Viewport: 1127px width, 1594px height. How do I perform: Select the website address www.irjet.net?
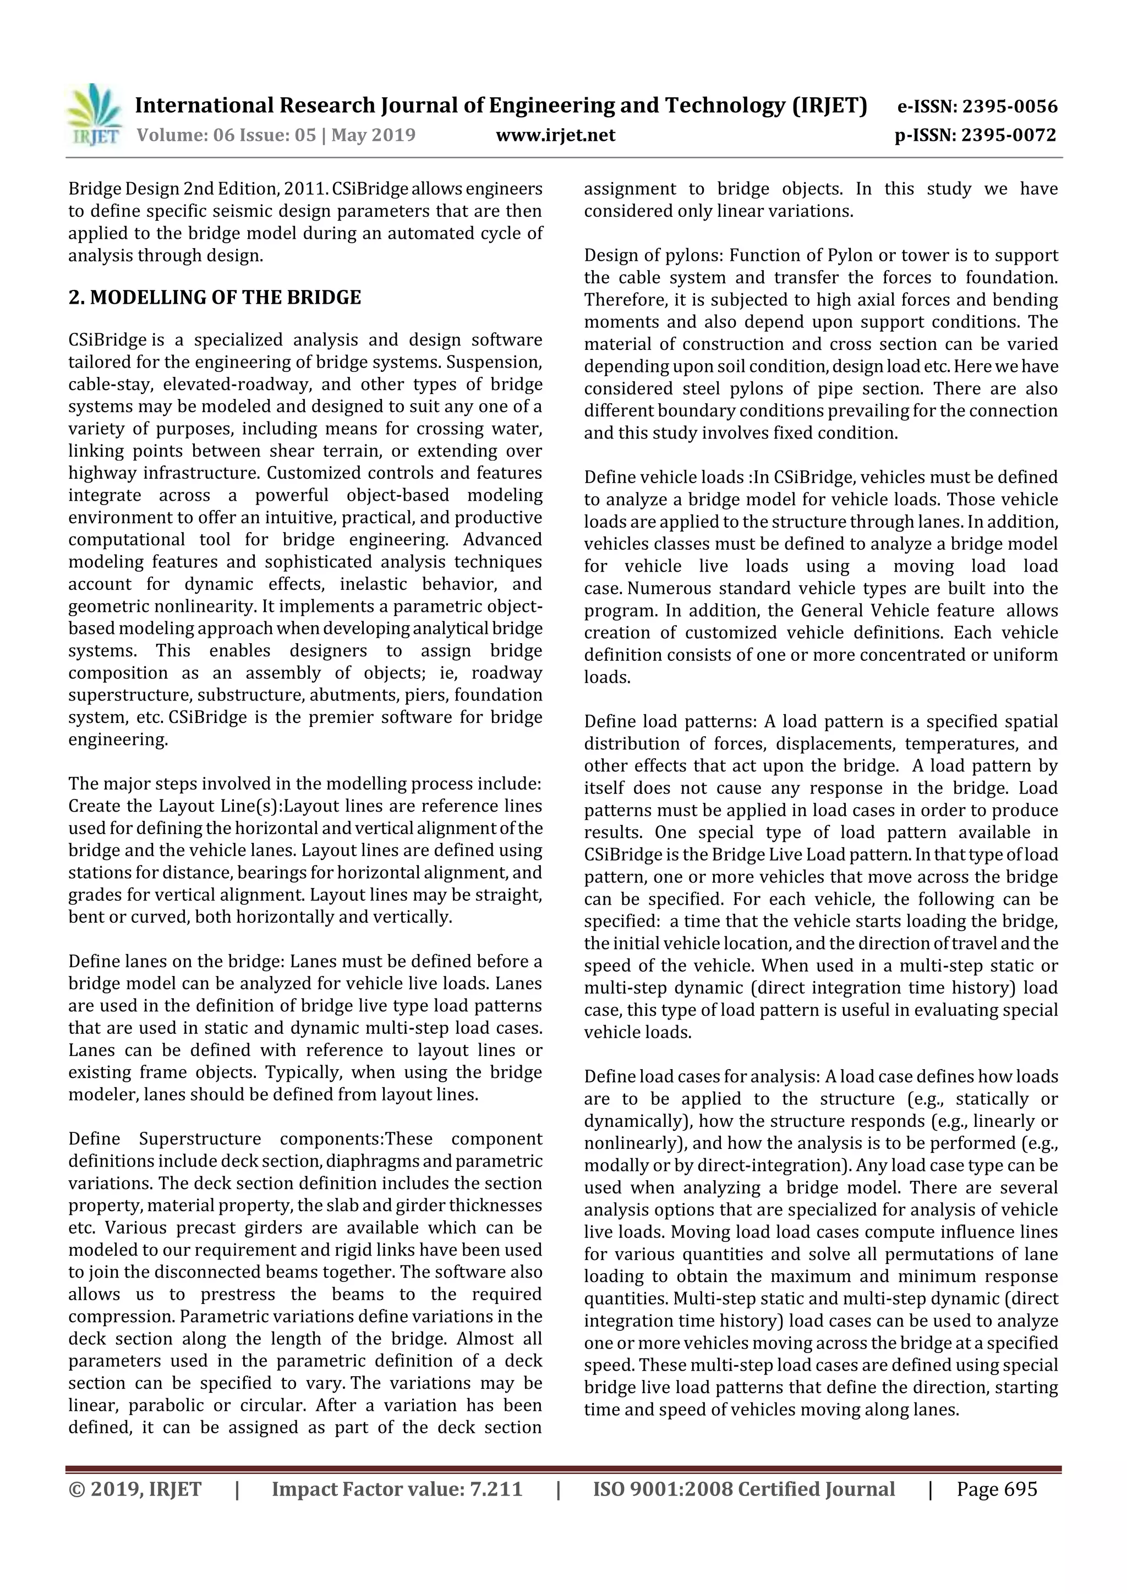(555, 135)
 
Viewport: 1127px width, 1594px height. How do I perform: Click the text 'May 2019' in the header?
(373, 135)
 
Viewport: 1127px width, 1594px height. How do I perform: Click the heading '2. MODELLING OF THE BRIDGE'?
(215, 297)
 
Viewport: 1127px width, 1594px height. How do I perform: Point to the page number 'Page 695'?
(997, 1488)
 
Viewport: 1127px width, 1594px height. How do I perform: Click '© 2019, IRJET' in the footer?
(135, 1488)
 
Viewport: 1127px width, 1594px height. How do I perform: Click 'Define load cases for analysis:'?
(701, 1077)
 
